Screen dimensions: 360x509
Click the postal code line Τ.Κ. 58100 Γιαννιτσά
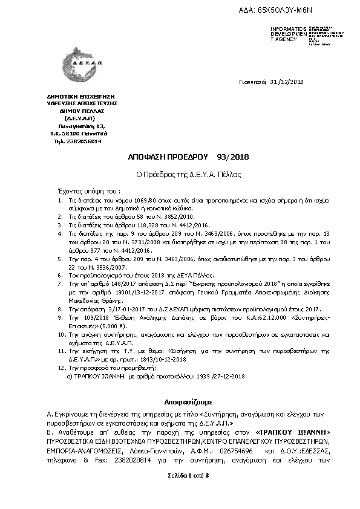pyautogui.click(x=79, y=133)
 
